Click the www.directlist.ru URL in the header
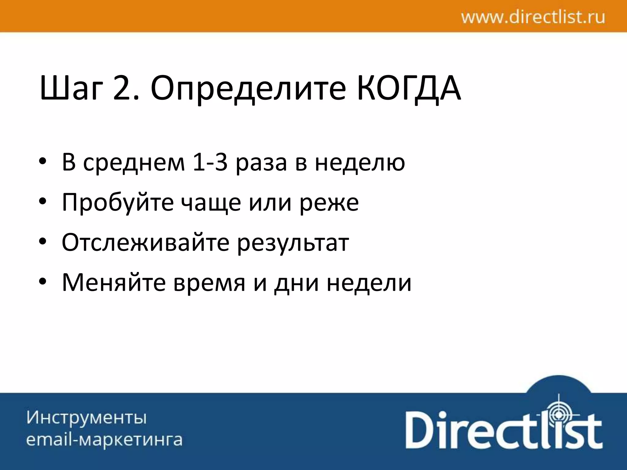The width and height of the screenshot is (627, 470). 533,17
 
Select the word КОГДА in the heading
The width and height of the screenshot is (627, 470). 409,88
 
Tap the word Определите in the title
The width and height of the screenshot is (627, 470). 248,88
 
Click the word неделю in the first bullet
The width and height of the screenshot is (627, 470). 360,162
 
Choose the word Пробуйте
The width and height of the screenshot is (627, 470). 118,203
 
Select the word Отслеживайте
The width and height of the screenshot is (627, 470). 145,242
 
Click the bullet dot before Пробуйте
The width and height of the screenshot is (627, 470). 43,202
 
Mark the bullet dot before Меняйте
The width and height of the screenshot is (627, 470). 43,282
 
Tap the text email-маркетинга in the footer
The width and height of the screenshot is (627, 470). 104,440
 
